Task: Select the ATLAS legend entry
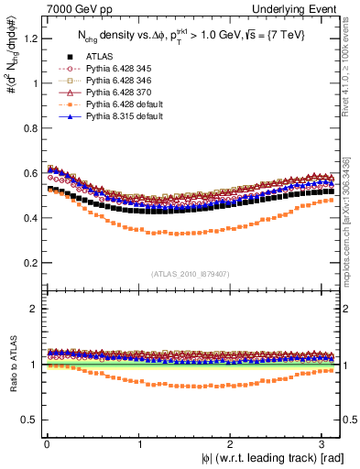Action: (102, 57)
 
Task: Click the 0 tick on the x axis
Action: (46, 444)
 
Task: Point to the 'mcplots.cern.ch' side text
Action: (351, 220)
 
